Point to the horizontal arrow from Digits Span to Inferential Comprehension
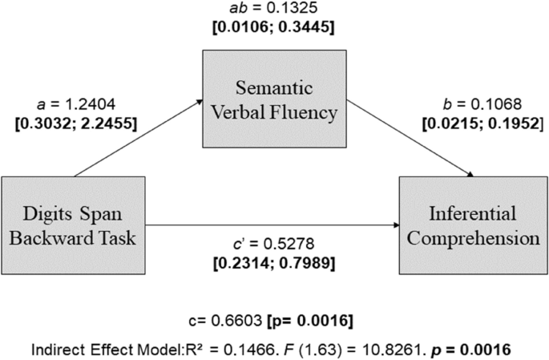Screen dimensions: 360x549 coord(272,225)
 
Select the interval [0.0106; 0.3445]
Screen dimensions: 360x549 coord(275,28)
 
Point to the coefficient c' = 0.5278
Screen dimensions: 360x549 coord(272,244)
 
